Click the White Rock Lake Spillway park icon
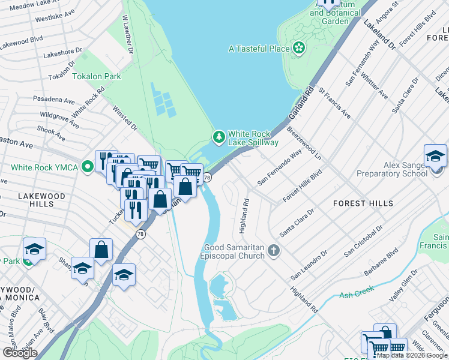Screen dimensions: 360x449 click(219, 137)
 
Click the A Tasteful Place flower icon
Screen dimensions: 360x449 click(298, 48)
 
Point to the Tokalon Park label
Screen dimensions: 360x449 click(97, 76)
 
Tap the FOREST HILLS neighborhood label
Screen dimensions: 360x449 click(363, 203)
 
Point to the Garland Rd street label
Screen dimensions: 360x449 click(301, 103)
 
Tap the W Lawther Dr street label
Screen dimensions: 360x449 click(127, 34)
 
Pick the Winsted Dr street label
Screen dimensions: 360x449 click(125, 119)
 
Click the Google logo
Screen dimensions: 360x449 click(20, 353)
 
